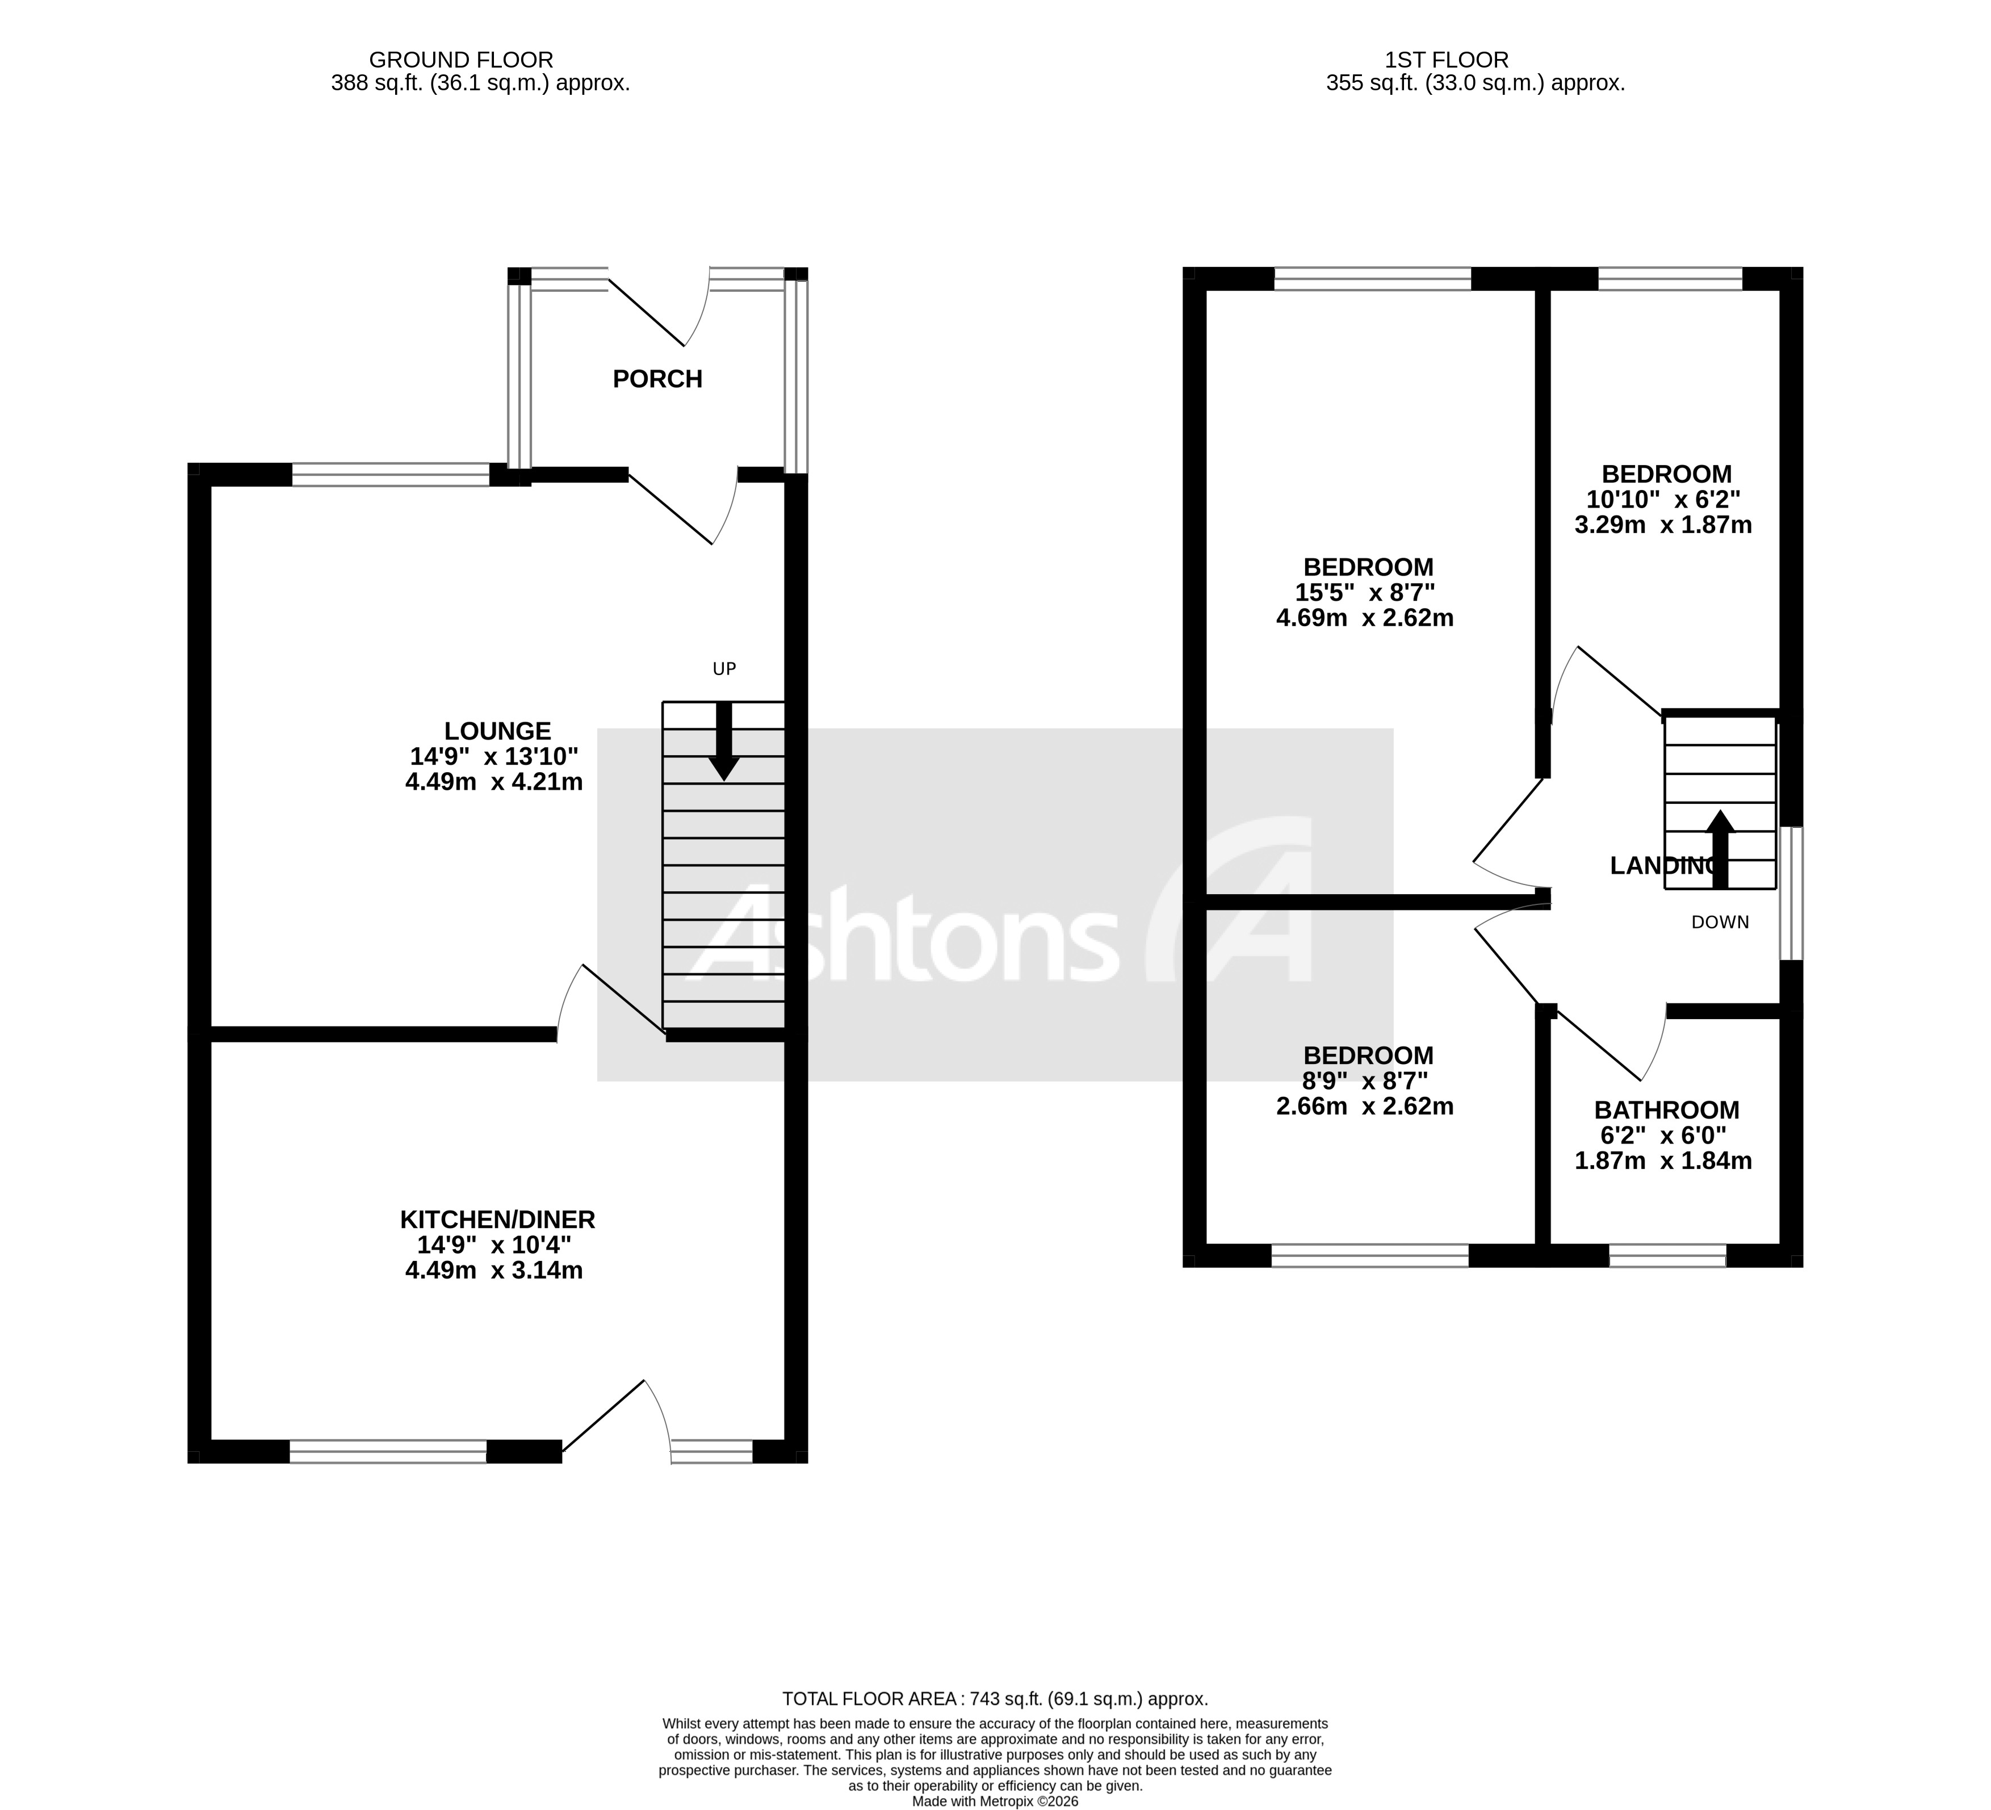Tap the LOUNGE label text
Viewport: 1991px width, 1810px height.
[x=497, y=732]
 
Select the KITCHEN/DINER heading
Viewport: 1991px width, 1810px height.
[x=497, y=1220]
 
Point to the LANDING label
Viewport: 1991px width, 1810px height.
[x=1664, y=866]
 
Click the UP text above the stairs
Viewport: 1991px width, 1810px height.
[x=724, y=669]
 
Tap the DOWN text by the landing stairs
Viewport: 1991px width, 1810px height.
[x=1720, y=922]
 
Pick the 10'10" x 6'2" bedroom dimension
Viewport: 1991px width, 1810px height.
[x=1666, y=500]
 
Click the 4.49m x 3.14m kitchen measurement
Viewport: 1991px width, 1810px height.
[x=494, y=1271]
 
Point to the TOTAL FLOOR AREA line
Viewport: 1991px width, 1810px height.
[x=995, y=1699]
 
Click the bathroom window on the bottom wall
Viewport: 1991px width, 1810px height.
[x=1667, y=1255]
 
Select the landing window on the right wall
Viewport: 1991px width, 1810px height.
[x=1791, y=894]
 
